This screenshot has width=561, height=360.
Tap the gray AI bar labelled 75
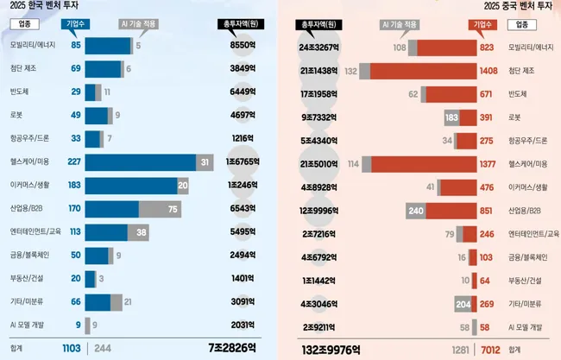click(160, 208)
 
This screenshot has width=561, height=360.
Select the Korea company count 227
click(74, 161)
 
